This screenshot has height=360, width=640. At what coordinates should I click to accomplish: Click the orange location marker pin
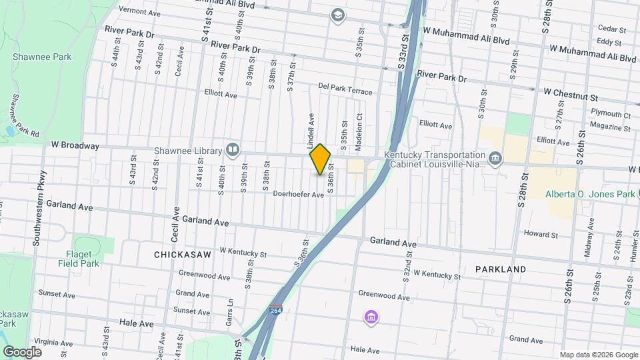(x=321, y=159)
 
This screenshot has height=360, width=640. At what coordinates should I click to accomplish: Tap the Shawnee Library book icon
(x=233, y=149)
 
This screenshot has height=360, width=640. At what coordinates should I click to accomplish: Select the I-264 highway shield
(x=275, y=311)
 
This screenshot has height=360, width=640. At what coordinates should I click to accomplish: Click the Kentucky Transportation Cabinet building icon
(x=495, y=157)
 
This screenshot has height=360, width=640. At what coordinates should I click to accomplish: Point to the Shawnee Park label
(x=42, y=57)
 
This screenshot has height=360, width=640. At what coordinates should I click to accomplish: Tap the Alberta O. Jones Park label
(x=590, y=194)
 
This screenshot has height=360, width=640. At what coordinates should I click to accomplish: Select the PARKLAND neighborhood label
(x=501, y=269)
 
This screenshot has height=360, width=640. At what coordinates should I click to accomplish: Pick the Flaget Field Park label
(x=83, y=259)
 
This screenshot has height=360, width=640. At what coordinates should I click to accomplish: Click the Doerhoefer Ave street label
(x=298, y=195)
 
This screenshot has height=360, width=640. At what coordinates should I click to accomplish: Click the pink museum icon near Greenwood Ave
(x=370, y=317)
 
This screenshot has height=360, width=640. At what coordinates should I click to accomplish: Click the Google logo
(x=23, y=351)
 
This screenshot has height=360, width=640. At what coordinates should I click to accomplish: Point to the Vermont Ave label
(x=141, y=11)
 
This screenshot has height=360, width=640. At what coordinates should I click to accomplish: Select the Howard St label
(x=540, y=234)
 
